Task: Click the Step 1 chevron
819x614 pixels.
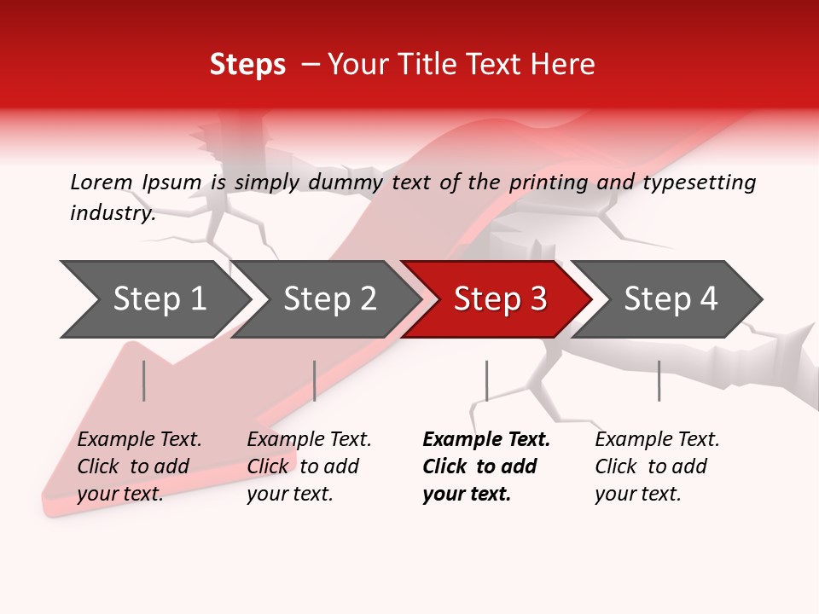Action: (158, 299)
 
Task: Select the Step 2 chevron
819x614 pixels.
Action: (328, 299)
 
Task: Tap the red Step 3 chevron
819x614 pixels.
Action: (499, 299)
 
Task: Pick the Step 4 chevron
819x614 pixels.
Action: (670, 299)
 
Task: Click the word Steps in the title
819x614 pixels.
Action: (247, 65)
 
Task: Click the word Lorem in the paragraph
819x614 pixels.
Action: (102, 182)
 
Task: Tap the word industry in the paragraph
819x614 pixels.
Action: (112, 213)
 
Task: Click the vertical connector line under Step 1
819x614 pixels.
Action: (144, 380)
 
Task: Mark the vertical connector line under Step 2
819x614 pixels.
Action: (315, 380)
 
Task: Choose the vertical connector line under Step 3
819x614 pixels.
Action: (486, 380)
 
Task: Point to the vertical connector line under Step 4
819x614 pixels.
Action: (659, 380)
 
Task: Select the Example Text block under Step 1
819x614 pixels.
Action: (139, 466)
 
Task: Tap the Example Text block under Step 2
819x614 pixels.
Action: (309, 466)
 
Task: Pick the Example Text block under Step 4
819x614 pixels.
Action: (657, 466)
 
